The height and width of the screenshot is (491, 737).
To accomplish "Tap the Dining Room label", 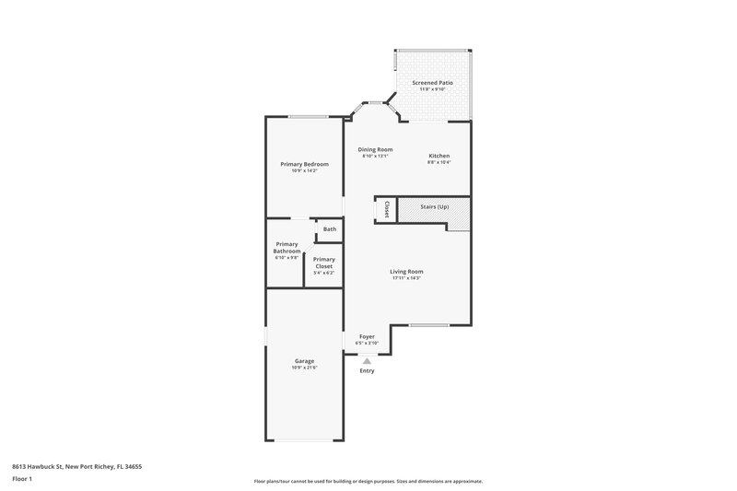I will pos(375,149).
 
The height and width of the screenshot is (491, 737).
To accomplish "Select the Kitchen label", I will pos(439,156).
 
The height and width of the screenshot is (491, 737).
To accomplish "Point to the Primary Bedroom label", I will pos(304,164).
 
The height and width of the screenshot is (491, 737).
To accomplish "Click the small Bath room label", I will pos(330,229).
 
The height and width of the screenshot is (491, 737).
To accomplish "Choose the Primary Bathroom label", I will pos(287,248).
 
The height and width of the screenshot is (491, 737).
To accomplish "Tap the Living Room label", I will pos(406,271).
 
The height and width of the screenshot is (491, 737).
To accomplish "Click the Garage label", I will pos(304,360).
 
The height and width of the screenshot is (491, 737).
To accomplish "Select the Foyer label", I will pos(367,337).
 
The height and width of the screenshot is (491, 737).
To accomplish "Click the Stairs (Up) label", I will pos(435,207).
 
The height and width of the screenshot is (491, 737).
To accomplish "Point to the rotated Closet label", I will pos(388,209).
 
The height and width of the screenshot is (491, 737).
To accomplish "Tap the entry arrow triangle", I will pos(367,360).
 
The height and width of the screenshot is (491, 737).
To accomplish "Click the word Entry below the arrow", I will pos(367,370).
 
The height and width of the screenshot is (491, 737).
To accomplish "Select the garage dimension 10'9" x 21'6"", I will pos(304,368).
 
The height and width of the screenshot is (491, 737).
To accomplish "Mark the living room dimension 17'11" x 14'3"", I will pos(406,278).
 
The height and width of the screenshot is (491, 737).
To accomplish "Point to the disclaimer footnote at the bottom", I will pos(368,481).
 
